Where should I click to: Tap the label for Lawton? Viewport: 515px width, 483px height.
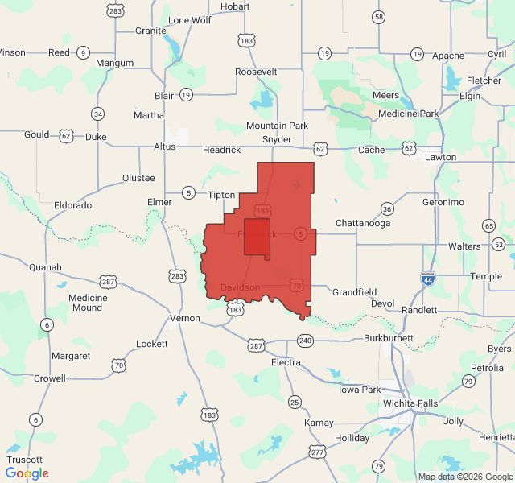pyautogui.click(x=440, y=157)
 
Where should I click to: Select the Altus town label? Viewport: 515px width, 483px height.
pyautogui.click(x=164, y=147)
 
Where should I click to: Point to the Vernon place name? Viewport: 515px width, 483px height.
pyautogui.click(x=185, y=319)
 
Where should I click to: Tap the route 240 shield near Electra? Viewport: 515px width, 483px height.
pyautogui.click(x=305, y=341)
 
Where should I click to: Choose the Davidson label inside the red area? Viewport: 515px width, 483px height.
pyautogui.click(x=240, y=287)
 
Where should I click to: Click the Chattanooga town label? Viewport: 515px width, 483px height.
pyautogui.click(x=362, y=223)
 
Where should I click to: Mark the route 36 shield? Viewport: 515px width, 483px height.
pyautogui.click(x=387, y=208)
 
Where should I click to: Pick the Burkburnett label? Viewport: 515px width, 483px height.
pyautogui.click(x=388, y=338)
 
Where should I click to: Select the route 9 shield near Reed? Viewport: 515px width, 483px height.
pyautogui.click(x=83, y=53)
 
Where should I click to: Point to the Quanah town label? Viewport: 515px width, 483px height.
pyautogui.click(x=44, y=267)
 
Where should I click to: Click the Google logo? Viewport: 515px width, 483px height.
pyautogui.click(x=27, y=473)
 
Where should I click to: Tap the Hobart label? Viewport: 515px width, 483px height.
pyautogui.click(x=235, y=6)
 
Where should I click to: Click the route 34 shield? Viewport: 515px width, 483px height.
pyautogui.click(x=97, y=114)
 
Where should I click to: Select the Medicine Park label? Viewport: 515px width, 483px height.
pyautogui.click(x=409, y=114)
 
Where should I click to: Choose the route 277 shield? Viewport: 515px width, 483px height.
pyautogui.click(x=318, y=452)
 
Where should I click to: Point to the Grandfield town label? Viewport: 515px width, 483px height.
pyautogui.click(x=354, y=292)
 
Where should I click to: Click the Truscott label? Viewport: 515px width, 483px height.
pyautogui.click(x=24, y=459)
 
